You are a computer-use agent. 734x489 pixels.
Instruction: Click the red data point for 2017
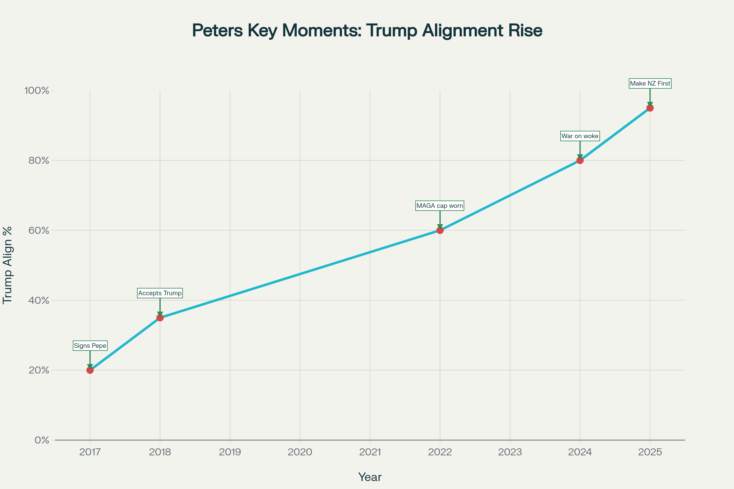tap(90, 370)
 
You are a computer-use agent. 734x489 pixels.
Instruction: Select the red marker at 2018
tap(160, 318)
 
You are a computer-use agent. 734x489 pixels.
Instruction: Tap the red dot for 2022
tap(440, 230)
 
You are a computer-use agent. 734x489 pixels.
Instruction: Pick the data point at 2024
tap(580, 161)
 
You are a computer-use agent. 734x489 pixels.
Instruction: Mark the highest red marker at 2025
tap(650, 108)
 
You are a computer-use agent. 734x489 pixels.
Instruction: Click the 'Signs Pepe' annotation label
tap(90, 346)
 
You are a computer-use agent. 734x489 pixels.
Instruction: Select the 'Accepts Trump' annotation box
tap(160, 293)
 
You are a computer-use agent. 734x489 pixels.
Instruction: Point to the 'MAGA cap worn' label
tap(440, 206)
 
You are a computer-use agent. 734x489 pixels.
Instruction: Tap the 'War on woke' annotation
tap(580, 136)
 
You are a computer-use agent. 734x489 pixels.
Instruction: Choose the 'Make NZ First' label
tap(650, 83)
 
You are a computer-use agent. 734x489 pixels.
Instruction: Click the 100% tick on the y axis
tap(37, 91)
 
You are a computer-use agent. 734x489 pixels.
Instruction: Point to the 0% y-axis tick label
tap(42, 440)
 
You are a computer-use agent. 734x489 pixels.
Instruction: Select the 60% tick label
tap(39, 230)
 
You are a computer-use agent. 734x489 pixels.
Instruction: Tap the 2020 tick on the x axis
tap(300, 452)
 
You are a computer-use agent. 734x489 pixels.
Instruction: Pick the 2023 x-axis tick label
tap(510, 452)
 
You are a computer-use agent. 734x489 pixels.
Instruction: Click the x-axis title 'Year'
tap(370, 477)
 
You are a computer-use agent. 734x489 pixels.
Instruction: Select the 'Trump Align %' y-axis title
tap(7, 265)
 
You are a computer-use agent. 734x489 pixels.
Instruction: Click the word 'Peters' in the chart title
tap(217, 31)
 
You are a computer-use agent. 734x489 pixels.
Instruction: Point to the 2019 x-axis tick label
tap(230, 452)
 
